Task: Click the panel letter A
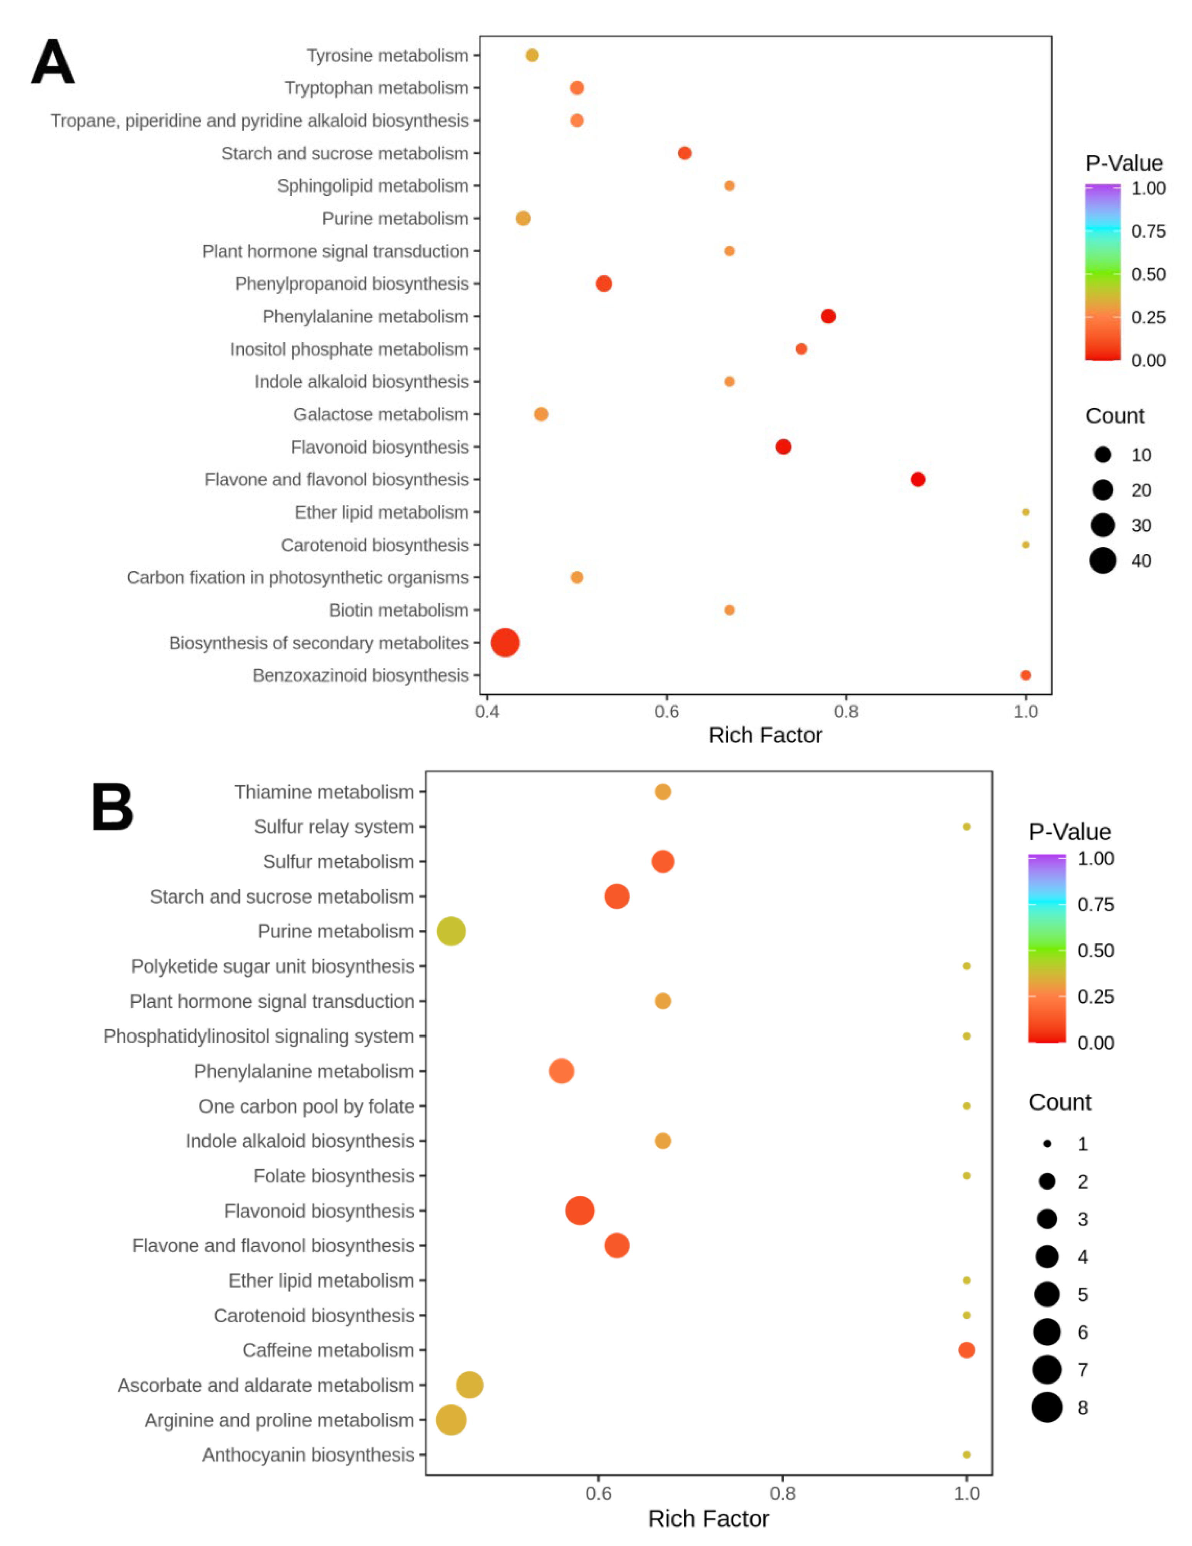click(52, 62)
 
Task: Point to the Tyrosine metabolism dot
click(532, 55)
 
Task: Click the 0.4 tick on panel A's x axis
click(487, 711)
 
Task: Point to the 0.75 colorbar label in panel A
click(1147, 231)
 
